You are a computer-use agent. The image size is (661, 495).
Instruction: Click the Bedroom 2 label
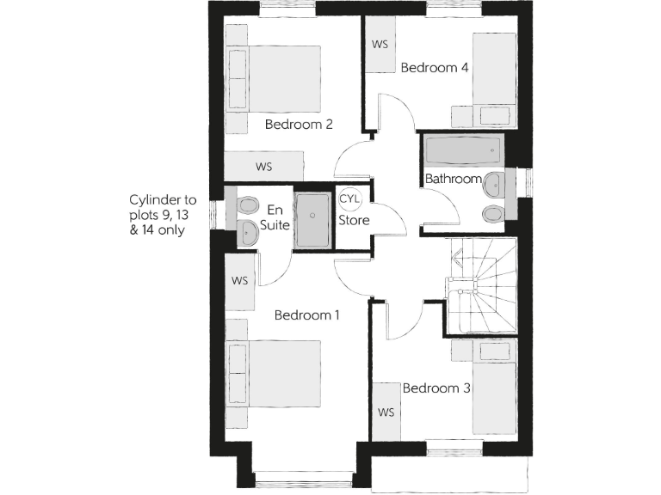[299, 124]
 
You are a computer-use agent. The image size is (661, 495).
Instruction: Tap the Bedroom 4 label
[435, 67]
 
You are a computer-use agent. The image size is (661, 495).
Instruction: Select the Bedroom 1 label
[306, 315]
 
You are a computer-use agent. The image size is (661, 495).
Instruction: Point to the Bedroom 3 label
[436, 388]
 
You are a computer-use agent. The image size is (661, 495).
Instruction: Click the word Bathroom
[453, 179]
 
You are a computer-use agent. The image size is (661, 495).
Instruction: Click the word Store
[353, 220]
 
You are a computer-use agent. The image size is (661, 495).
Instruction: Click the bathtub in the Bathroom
[462, 153]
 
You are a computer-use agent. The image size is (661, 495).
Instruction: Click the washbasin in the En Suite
[246, 230]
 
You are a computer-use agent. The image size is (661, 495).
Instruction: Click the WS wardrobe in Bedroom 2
[264, 166]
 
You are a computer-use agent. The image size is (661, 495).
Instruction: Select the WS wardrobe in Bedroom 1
[240, 281]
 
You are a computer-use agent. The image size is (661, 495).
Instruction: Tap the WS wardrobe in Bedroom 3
[386, 412]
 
